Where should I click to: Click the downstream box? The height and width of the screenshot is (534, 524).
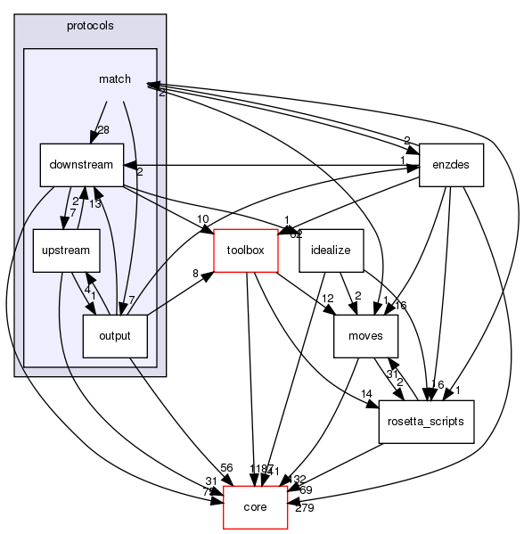click(80, 165)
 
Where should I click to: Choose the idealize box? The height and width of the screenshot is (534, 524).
click(330, 251)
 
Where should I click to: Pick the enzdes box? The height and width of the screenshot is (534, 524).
click(451, 165)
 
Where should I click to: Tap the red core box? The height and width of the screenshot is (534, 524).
click(255, 507)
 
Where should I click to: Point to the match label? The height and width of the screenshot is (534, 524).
click(115, 79)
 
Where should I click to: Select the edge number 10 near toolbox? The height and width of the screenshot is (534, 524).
click(203, 219)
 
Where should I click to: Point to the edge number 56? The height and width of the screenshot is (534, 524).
click(225, 467)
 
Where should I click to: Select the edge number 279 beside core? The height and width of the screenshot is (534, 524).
click(305, 508)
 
